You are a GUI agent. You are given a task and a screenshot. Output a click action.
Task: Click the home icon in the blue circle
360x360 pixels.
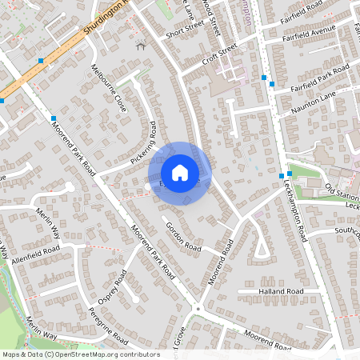(x=180, y=173)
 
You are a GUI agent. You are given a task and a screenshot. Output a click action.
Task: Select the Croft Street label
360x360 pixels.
(x=221, y=53)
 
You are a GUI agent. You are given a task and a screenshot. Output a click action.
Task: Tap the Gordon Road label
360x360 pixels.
(x=182, y=233)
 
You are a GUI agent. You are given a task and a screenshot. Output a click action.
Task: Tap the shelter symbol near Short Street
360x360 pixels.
(x=142, y=45)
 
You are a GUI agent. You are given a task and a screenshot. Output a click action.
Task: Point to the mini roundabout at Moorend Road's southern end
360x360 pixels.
(x=197, y=308)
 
